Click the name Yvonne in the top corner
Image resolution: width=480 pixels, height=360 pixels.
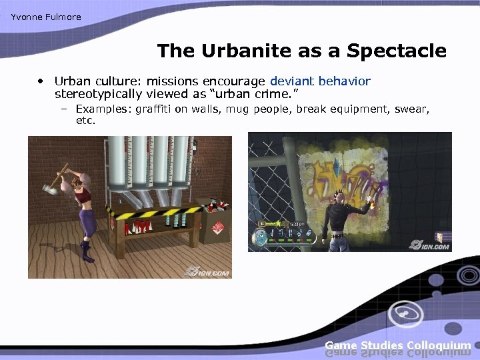[25, 17]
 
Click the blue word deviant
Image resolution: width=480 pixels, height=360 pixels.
[293, 81]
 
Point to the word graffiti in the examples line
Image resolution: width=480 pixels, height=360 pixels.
[153, 109]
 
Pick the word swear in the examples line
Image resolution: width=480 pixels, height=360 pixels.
[414, 109]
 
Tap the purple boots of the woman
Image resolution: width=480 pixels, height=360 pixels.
[87, 251]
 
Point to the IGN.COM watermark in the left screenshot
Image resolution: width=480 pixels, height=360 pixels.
[207, 271]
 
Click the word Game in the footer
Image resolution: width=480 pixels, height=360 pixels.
[341, 345]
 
